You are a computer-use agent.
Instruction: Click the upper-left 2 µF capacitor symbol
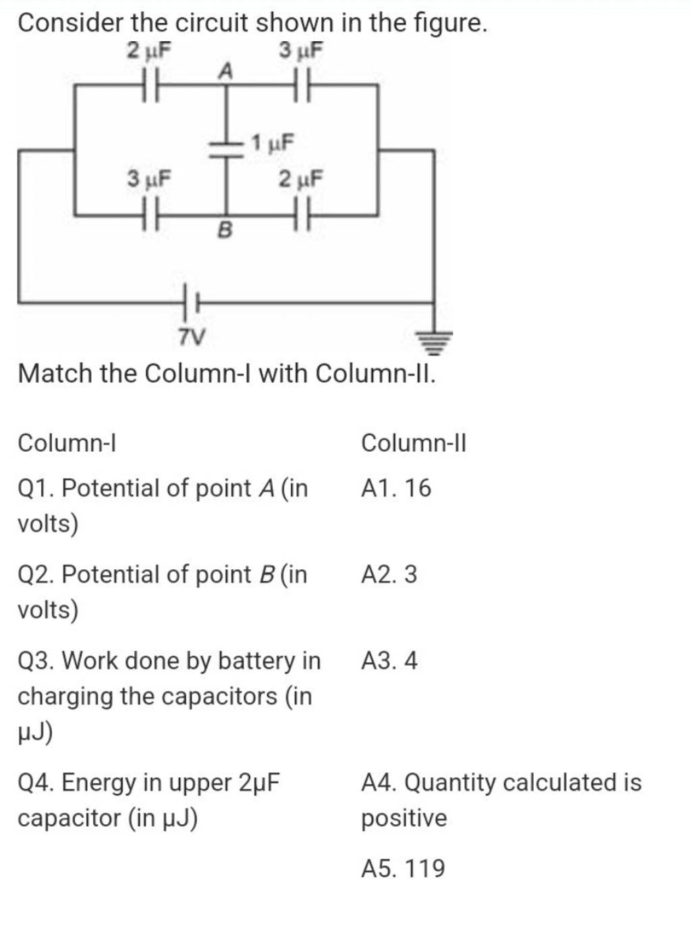pyautogui.click(x=149, y=86)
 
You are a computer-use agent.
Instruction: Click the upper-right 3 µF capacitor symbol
pyautogui.click(x=302, y=86)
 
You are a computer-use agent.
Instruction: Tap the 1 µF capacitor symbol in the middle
pyautogui.click(x=225, y=148)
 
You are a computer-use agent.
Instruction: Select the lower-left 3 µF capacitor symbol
pyautogui.click(x=149, y=216)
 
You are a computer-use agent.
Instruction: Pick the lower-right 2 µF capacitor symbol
pyautogui.click(x=302, y=216)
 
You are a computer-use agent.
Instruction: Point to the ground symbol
pyautogui.click(x=435, y=341)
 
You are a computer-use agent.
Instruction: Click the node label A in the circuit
pyautogui.click(x=225, y=69)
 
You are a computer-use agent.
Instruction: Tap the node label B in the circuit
pyautogui.click(x=225, y=231)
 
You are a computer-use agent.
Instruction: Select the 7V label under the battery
pyautogui.click(x=192, y=336)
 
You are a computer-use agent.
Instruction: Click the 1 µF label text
pyautogui.click(x=273, y=143)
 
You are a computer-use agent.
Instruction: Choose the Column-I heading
pyautogui.click(x=67, y=443)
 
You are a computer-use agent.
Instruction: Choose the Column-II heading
pyautogui.click(x=413, y=443)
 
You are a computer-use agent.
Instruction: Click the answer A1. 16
pyautogui.click(x=395, y=488)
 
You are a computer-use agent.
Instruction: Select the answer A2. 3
pyautogui.click(x=389, y=575)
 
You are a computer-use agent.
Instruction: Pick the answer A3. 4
pyautogui.click(x=389, y=660)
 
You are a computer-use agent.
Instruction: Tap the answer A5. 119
pyautogui.click(x=403, y=868)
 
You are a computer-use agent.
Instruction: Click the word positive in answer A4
pyautogui.click(x=404, y=818)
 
